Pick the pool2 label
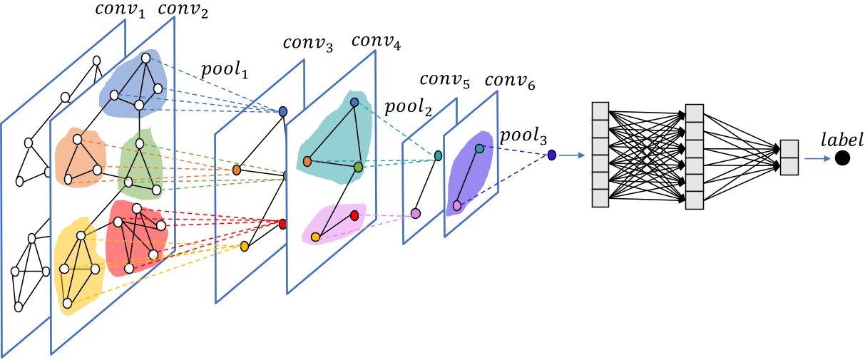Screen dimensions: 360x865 409,107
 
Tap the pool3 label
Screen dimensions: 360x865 523,133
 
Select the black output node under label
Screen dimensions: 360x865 843,158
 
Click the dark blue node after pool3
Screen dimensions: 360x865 551,155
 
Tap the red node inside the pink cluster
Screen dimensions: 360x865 354,215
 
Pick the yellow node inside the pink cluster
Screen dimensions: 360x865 315,237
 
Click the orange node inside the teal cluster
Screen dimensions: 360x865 307,162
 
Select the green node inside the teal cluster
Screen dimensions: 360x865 358,166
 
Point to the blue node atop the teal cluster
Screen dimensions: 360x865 354,103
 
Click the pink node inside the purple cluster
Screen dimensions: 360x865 457,205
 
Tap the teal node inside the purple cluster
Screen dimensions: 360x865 479,148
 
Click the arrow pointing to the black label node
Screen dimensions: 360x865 817,158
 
